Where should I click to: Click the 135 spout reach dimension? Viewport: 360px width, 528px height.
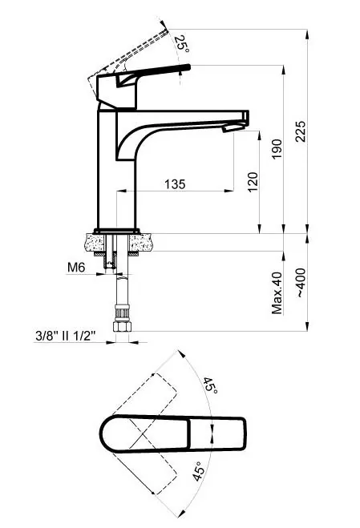tap(175, 184)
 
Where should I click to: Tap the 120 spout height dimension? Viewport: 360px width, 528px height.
tap(253, 182)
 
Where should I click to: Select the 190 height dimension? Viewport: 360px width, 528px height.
tap(277, 149)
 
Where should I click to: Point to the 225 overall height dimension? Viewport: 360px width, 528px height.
tap(301, 131)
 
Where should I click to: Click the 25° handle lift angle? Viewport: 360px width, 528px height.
tap(182, 43)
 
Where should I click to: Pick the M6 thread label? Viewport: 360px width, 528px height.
tap(76, 268)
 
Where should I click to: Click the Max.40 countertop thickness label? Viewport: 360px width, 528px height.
tap(277, 293)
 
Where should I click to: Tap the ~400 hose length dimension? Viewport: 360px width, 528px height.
tap(301, 283)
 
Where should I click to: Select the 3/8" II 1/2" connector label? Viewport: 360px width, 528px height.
tap(66, 336)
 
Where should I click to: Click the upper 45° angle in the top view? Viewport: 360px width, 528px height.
tap(209, 385)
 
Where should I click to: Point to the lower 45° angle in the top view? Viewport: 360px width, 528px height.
tap(199, 471)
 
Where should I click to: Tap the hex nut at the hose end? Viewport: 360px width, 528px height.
tap(122, 327)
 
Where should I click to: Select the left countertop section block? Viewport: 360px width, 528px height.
tap(95, 243)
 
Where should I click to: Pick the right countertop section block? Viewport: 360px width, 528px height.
tap(142, 243)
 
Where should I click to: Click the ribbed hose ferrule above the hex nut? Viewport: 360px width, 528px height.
tap(122, 313)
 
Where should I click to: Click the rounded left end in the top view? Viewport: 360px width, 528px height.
tap(105, 433)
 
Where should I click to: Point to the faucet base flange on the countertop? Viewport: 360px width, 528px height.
tap(116, 231)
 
